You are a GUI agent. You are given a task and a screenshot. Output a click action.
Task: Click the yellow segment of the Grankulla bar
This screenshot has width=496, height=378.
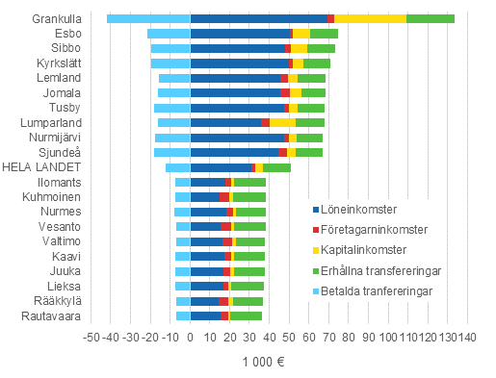pos(370,18)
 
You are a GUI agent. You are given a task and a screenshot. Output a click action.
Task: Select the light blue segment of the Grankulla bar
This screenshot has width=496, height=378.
pos(148,18)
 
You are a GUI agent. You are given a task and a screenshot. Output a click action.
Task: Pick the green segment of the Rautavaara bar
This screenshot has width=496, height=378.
pos(246,315)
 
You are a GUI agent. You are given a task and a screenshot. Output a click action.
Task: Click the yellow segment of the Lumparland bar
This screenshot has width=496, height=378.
pos(282,123)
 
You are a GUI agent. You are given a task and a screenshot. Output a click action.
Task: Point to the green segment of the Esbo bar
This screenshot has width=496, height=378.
pos(324,34)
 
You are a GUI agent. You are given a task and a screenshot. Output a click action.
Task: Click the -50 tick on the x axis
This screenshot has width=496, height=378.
pos(91,338)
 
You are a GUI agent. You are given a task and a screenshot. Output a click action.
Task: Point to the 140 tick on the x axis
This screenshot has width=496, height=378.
pos(467,338)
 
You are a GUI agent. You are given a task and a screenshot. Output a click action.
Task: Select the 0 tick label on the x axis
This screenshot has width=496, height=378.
pos(191,338)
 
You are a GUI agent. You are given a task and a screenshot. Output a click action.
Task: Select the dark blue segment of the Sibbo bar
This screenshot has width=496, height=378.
pos(237,48)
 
